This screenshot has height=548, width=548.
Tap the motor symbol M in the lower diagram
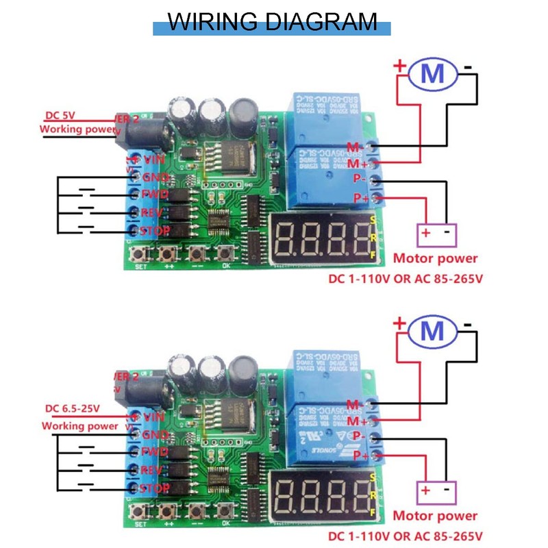pyautogui.click(x=432, y=331)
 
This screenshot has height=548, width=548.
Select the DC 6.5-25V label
pyautogui.click(x=72, y=408)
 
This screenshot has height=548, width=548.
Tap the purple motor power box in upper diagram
pyautogui.click(x=437, y=233)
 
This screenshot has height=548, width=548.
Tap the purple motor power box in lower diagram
pyautogui.click(x=437, y=490)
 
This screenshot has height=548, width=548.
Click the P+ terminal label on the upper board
pyautogui.click(x=360, y=198)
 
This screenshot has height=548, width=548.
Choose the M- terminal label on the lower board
pyautogui.click(x=355, y=403)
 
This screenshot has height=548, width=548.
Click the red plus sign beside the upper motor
pyautogui.click(x=399, y=67)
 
